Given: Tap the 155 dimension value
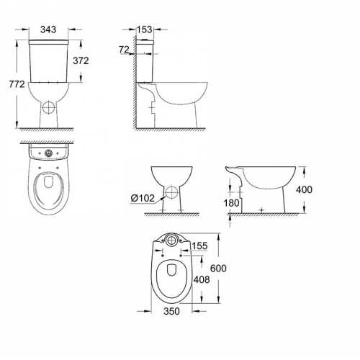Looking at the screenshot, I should pos(201,246).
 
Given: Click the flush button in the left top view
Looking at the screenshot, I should pos(48,153).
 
